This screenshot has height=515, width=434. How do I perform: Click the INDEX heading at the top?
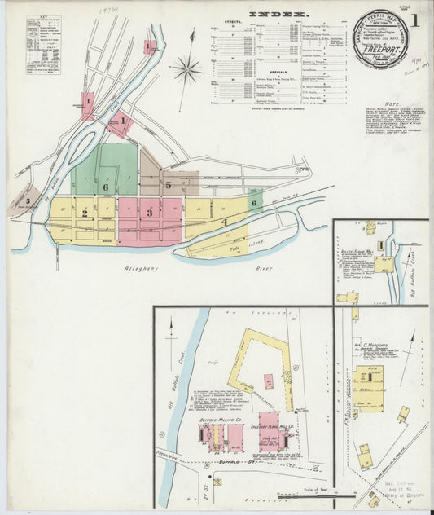[278, 15]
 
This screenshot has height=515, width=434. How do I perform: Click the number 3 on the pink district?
[150, 213]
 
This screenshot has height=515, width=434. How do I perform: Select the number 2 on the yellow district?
[84, 213]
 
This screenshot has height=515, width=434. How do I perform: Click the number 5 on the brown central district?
[168, 185]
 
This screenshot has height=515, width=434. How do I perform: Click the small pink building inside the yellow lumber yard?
[268, 381]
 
